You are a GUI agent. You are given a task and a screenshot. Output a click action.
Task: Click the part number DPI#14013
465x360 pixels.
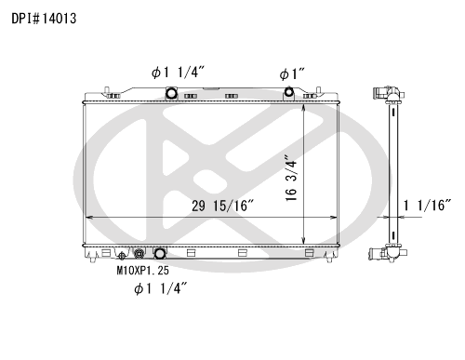(44, 19)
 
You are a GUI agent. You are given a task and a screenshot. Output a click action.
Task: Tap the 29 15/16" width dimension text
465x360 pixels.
(222, 206)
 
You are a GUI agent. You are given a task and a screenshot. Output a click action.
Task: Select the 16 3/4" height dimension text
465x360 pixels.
(291, 179)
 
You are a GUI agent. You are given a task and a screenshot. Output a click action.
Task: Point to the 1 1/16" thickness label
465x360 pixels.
(427, 206)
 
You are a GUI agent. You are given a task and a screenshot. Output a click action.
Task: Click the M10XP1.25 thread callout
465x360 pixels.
(143, 271)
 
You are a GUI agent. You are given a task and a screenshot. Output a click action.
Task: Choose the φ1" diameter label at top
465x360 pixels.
(292, 74)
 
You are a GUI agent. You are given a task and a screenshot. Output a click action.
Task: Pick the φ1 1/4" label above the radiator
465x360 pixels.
(178, 73)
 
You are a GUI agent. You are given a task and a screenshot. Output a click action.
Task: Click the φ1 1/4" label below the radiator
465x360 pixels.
(161, 288)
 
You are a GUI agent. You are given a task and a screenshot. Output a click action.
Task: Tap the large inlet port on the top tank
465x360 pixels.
(171, 93)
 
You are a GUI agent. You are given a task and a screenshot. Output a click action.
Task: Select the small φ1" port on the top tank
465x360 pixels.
(289, 92)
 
